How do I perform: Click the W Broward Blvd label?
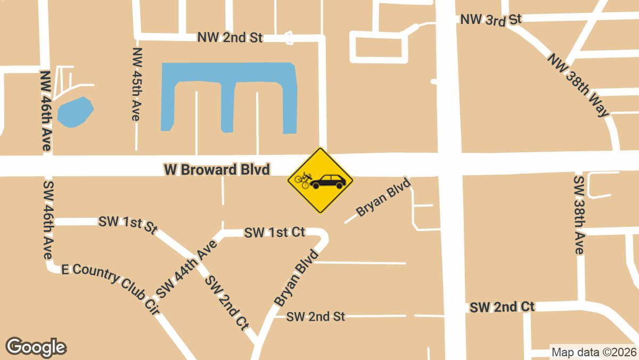217,169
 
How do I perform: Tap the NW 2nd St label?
230,37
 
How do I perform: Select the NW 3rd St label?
490,20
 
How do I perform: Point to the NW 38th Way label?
577,85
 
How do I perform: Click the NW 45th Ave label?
137,84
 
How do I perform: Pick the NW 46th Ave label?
45,111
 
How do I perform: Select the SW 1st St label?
128,225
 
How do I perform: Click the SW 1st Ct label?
274,232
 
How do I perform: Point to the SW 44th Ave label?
186,269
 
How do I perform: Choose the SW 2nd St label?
315,316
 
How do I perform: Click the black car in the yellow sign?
328,181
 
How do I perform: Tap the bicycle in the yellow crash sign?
302,180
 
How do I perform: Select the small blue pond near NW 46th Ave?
75,112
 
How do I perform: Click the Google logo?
36,347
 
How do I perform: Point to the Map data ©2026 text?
594,352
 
